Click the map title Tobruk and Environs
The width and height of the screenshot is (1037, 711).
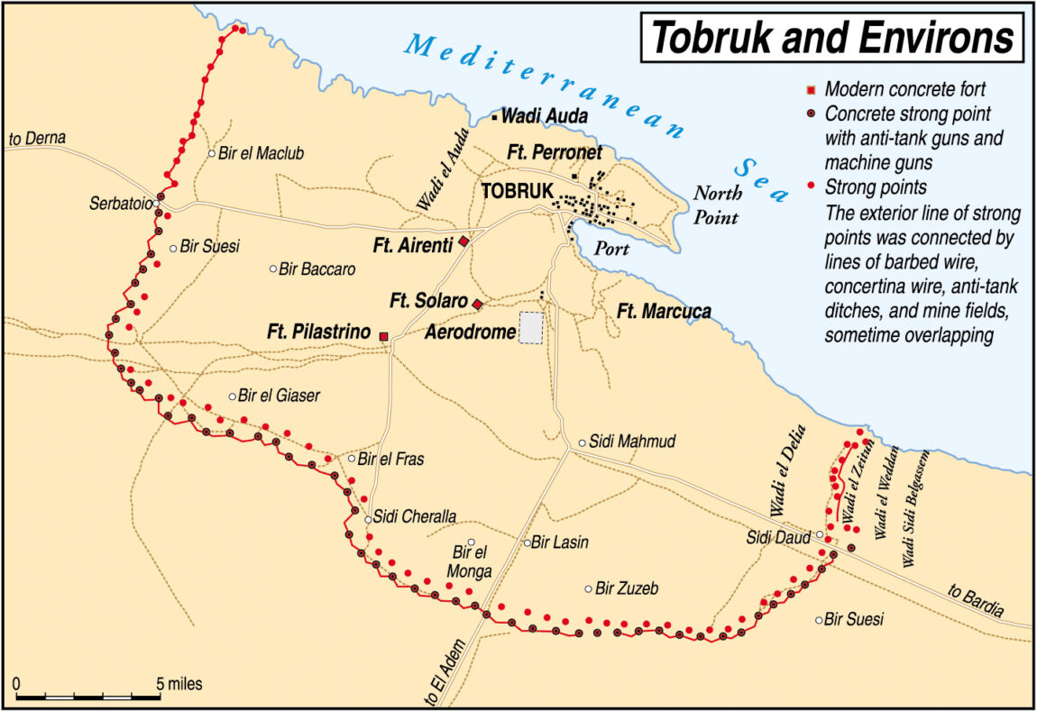click(832, 38)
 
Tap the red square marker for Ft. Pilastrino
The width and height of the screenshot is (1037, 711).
click(384, 336)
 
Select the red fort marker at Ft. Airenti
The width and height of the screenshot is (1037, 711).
click(463, 241)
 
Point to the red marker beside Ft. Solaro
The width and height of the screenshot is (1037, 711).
click(478, 304)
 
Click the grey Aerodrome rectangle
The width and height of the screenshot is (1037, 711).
click(532, 328)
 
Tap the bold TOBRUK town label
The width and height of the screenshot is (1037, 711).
click(516, 191)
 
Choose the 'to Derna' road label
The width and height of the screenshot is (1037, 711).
click(38, 139)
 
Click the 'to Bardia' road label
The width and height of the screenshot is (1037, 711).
click(976, 601)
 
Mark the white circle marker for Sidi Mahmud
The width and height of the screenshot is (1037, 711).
click(583, 442)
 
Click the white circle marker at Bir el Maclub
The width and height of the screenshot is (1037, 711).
click(212, 153)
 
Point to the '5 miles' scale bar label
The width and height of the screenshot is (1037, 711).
click(179, 684)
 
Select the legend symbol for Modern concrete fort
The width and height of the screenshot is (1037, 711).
click(811, 89)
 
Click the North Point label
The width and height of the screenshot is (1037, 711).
click(718, 205)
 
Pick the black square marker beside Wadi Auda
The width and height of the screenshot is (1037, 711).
click(494, 117)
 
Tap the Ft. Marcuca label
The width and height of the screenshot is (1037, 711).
click(664, 311)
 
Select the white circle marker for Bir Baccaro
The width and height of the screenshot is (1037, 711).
click(273, 269)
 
